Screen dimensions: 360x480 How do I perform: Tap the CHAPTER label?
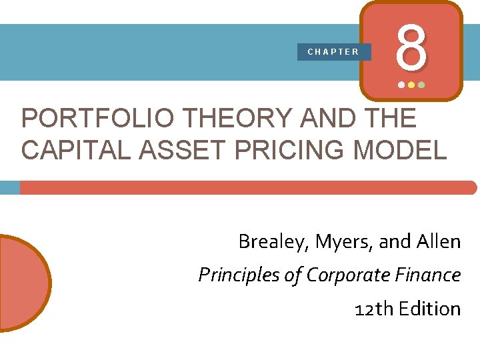[x=333, y=52]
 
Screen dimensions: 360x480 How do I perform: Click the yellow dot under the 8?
[x=411, y=85]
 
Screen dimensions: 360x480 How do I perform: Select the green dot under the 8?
[x=421, y=85]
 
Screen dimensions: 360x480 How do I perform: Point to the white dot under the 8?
[x=401, y=85]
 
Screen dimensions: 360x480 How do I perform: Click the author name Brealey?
[x=265, y=242]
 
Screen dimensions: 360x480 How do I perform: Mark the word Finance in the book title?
[x=431, y=275]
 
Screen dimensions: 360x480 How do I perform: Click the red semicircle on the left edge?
[x=23, y=283]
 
